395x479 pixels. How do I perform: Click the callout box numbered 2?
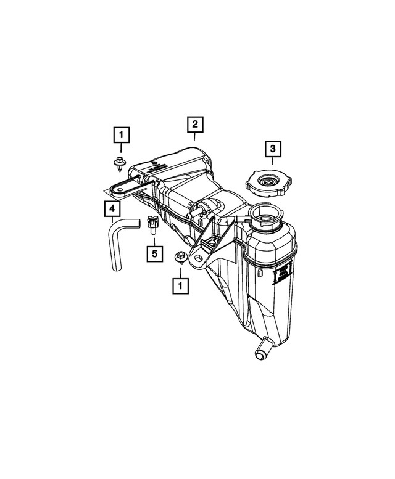[194, 125]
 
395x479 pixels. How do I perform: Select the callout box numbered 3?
[273, 149]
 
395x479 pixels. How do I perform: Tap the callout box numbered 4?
[112, 210]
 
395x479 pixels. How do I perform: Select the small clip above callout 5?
[153, 224]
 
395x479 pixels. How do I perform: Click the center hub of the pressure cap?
[269, 181]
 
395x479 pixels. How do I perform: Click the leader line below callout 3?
[273, 164]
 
